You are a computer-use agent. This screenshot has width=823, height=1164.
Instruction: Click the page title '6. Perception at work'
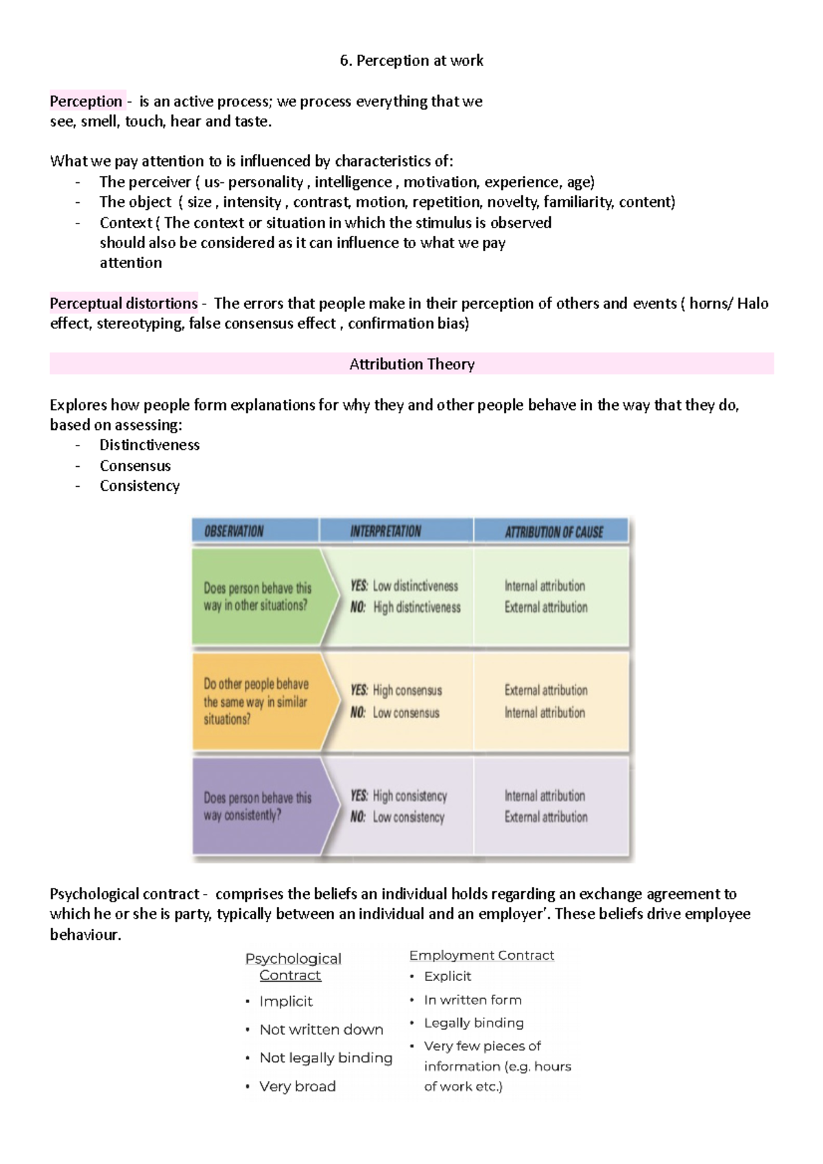(x=411, y=60)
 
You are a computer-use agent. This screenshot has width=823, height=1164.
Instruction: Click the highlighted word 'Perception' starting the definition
(x=86, y=101)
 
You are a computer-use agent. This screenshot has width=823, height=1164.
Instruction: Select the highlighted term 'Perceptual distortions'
(x=123, y=303)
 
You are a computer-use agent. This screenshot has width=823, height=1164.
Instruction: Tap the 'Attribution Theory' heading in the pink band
(x=411, y=364)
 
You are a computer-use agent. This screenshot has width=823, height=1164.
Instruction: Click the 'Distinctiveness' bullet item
(x=150, y=445)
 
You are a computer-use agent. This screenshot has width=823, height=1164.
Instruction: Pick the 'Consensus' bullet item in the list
(x=135, y=465)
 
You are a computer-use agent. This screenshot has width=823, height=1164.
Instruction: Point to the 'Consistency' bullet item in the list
(x=139, y=485)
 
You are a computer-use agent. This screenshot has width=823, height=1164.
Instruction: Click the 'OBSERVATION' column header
(x=234, y=531)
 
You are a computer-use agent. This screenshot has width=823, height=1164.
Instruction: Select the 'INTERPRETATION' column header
(x=385, y=531)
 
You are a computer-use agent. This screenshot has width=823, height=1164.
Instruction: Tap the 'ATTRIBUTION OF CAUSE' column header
(x=554, y=532)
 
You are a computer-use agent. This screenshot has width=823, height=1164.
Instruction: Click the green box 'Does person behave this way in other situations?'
(x=257, y=596)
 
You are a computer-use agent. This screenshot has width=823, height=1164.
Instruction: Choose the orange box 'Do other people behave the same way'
(x=256, y=701)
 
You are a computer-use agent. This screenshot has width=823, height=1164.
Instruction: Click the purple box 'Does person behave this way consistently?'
(x=257, y=806)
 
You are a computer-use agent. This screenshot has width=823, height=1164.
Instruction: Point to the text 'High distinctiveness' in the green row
(x=417, y=607)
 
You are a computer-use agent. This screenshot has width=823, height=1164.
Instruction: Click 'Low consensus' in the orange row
(x=406, y=713)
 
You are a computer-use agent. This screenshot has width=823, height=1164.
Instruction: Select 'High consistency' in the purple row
(x=409, y=796)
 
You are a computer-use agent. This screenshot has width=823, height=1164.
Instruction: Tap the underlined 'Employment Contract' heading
(x=481, y=955)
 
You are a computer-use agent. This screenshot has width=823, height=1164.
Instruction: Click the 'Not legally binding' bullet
(x=326, y=1058)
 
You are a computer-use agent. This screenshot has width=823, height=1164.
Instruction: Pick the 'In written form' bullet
(x=473, y=999)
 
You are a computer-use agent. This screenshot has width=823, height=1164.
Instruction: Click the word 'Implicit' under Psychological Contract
(x=286, y=1002)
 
